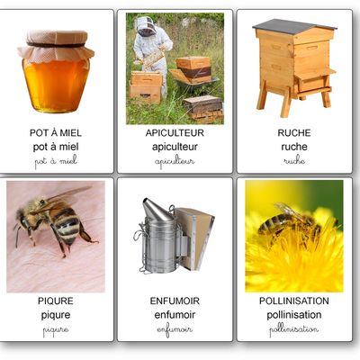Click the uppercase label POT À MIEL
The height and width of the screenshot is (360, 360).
[x=56, y=132]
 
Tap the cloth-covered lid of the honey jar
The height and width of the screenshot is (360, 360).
[x=56, y=40]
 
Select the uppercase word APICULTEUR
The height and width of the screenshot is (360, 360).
[x=175, y=132]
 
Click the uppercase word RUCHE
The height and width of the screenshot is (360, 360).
[x=294, y=132]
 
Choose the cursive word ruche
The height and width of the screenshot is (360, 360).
[x=294, y=160]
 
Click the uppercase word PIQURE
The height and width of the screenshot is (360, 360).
[x=56, y=301]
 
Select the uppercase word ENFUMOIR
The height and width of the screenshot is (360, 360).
[x=175, y=301]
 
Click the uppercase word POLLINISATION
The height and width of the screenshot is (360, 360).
[x=294, y=301]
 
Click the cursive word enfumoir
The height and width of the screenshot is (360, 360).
[x=175, y=329]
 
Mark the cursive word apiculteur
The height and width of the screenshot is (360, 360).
[x=175, y=161]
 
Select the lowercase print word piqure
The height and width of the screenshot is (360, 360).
[x=56, y=315]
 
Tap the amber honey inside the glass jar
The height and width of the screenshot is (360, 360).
[x=56, y=85]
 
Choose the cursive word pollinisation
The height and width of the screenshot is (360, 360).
[x=294, y=329]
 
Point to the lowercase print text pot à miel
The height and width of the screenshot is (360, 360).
[x=56, y=146]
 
